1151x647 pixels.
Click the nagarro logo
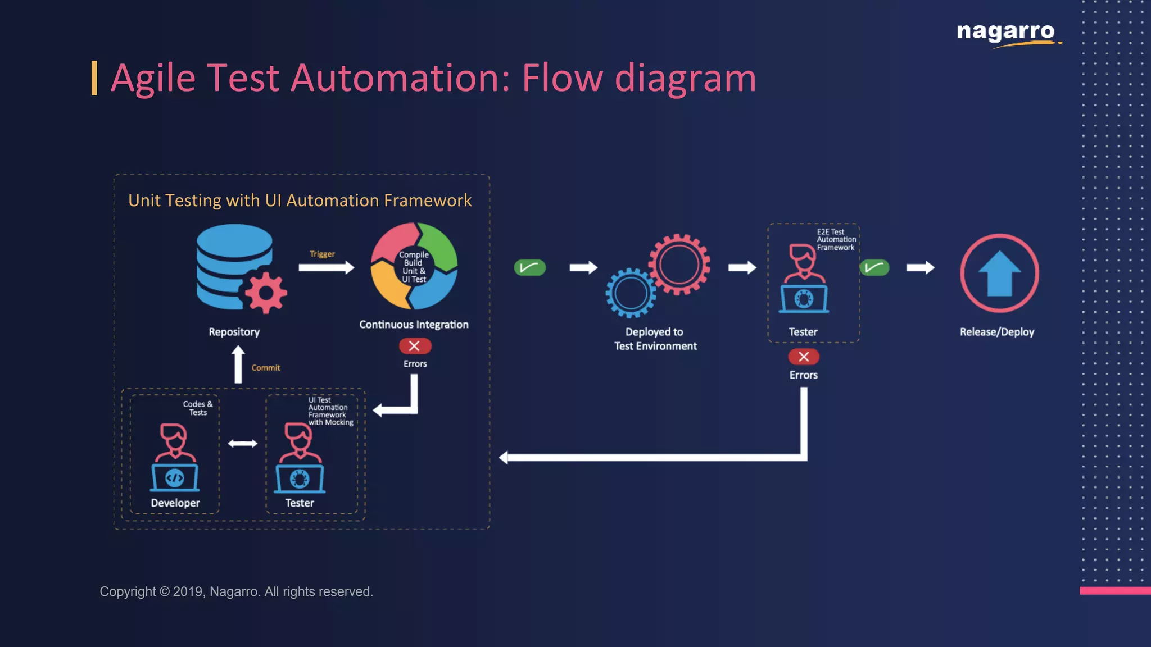(1005, 33)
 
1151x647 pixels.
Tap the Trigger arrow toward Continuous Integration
(326, 267)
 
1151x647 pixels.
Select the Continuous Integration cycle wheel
(414, 266)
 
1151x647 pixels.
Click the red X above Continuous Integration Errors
(415, 346)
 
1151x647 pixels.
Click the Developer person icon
(175, 457)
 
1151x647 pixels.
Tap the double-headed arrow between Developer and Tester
(242, 444)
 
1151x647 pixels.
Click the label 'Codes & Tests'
(198, 408)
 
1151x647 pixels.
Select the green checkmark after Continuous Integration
(529, 267)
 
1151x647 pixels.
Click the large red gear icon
(679, 264)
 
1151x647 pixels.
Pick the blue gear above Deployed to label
(631, 293)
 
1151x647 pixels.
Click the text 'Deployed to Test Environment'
(655, 339)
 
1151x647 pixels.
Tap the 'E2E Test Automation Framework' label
(836, 240)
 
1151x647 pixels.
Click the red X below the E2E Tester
(804, 357)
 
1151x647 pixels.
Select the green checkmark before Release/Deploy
(874, 267)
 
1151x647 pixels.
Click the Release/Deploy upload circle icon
(999, 273)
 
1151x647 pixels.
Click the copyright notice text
(236, 591)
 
